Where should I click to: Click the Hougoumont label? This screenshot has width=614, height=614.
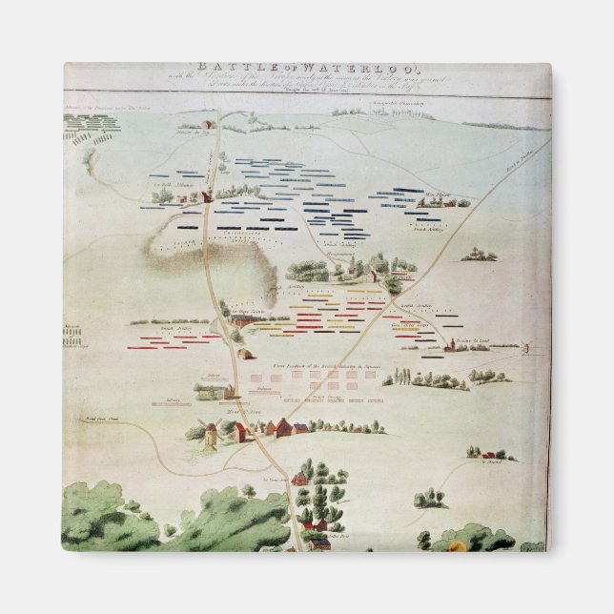(x=322, y=255)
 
